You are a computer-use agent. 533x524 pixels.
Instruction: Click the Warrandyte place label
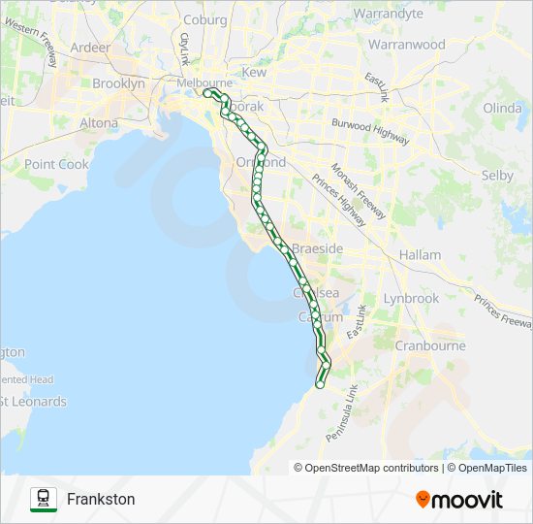pyautogui.click(x=389, y=14)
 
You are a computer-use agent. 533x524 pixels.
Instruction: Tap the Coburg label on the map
pyautogui.click(x=204, y=19)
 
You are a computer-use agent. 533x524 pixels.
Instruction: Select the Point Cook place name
pyautogui.click(x=56, y=164)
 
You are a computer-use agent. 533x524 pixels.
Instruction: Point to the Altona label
pyautogui.click(x=99, y=123)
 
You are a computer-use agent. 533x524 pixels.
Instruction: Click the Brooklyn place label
pyautogui.click(x=118, y=84)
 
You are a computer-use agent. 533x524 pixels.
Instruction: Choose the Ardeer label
pyautogui.click(x=91, y=47)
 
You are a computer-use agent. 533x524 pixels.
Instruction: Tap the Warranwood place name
pyautogui.click(x=407, y=45)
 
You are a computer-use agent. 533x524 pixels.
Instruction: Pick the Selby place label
pyautogui.click(x=497, y=176)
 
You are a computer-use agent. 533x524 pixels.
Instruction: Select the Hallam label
pyautogui.click(x=420, y=255)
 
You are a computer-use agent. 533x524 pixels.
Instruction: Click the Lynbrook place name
pyautogui.click(x=411, y=299)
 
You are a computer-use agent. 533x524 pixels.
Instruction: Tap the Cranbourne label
pyautogui.click(x=430, y=345)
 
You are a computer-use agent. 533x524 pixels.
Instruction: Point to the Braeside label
pyautogui.click(x=317, y=249)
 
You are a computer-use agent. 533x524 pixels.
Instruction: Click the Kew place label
pyautogui.click(x=254, y=73)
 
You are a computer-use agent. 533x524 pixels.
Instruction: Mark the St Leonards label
pyautogui.click(x=34, y=402)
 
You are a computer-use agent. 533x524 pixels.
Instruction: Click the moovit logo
pyautogui.click(x=459, y=500)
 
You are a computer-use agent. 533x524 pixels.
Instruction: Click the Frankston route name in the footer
pyautogui.click(x=101, y=500)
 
